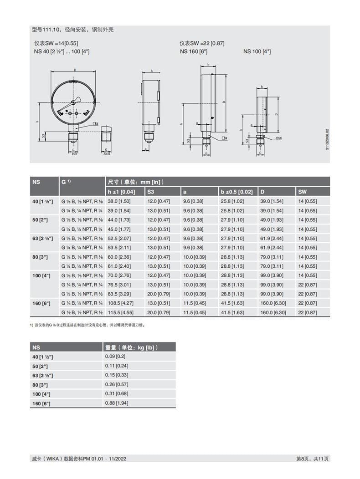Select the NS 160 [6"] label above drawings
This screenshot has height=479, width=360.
(x=194, y=51)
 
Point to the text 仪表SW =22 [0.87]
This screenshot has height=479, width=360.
(x=202, y=44)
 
